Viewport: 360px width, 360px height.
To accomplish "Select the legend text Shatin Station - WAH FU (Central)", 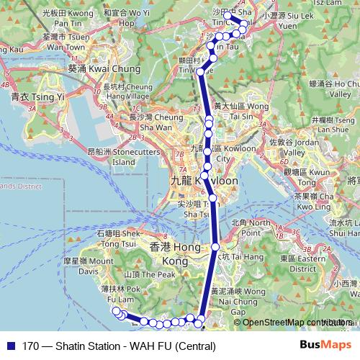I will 119,346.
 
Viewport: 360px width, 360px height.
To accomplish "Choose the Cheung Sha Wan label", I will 153,122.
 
